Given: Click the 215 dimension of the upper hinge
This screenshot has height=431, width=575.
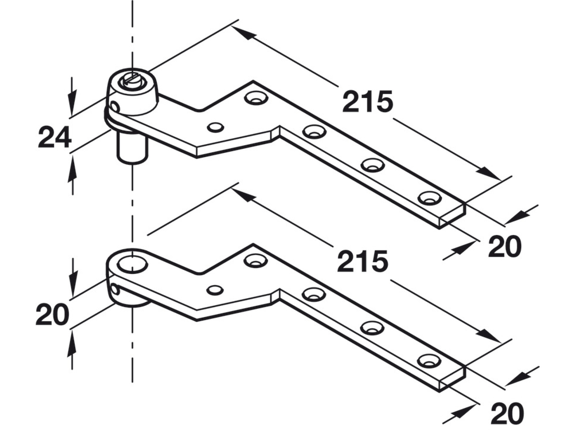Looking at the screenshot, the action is [367, 102].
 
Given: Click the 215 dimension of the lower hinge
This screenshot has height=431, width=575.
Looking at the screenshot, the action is [363, 261].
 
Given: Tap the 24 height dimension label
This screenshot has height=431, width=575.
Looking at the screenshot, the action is [55, 137].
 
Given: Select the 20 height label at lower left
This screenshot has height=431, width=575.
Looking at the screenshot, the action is [52, 314].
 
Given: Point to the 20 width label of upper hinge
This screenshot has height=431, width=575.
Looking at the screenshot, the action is [505, 246].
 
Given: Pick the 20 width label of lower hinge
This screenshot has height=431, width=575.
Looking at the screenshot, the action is [507, 413].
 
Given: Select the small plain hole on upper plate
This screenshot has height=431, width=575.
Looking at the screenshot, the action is [215, 127].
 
